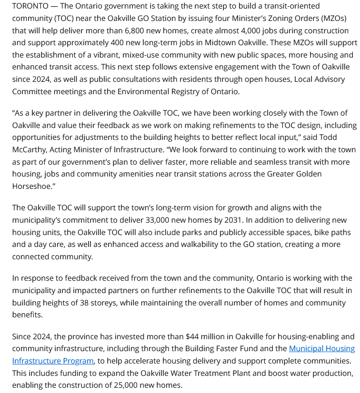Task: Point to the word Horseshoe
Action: coord(31,186)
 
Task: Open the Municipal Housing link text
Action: coord(321,348)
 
